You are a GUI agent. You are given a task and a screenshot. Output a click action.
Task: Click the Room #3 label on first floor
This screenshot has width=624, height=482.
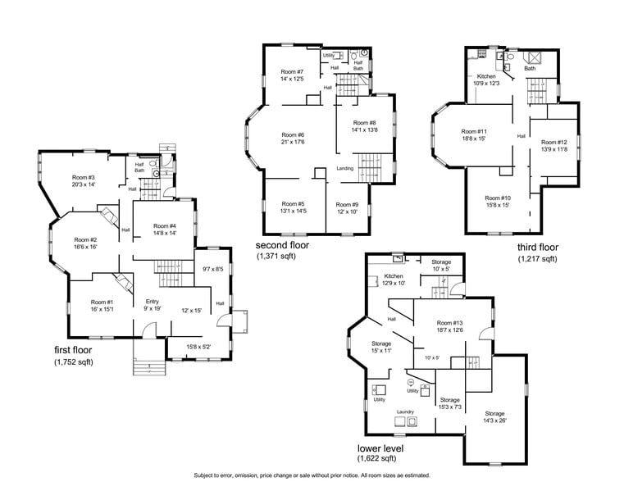(x=84, y=178)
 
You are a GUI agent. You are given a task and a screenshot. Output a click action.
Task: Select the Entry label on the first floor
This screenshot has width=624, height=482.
(x=153, y=301)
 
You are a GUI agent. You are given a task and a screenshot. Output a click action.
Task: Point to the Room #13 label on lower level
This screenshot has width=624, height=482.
(x=450, y=322)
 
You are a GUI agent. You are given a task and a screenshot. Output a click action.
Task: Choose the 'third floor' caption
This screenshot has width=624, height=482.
(x=537, y=247)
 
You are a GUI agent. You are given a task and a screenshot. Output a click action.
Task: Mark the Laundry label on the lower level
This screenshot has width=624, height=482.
(x=404, y=412)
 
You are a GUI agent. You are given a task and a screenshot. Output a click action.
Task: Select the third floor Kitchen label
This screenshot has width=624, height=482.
(x=486, y=76)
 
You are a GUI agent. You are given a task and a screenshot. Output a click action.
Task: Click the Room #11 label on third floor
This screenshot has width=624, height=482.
(x=474, y=131)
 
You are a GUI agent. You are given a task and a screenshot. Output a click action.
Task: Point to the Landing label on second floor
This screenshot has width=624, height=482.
(x=345, y=169)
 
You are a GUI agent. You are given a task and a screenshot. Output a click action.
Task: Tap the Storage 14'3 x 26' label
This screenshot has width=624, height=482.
(x=494, y=414)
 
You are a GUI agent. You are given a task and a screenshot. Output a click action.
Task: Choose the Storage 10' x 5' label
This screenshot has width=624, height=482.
(x=441, y=262)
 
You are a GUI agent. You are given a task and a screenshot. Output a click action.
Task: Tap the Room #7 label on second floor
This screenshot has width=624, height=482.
(x=293, y=72)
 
